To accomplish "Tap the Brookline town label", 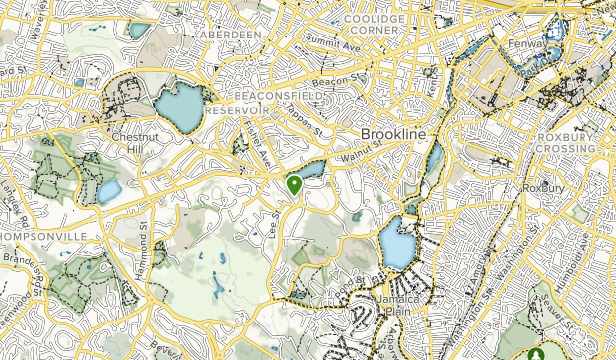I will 391,133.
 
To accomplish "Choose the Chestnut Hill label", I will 131,143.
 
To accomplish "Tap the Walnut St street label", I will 360,156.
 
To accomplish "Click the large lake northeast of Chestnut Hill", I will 178,107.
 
